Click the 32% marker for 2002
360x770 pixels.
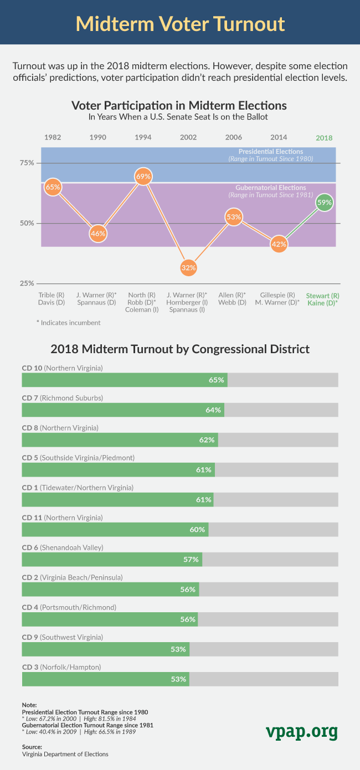(x=189, y=267)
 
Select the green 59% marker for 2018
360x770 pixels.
(x=324, y=203)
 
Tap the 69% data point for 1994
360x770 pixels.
(x=143, y=176)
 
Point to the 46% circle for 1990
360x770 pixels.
(x=97, y=233)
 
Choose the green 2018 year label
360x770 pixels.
(x=324, y=138)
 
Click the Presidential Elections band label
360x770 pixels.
(x=271, y=152)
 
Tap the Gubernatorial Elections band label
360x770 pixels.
(x=271, y=188)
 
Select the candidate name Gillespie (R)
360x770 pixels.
(x=277, y=295)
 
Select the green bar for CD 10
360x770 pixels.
(x=125, y=380)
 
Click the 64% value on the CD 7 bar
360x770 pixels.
(x=213, y=410)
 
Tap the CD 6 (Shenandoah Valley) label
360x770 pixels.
(x=63, y=547)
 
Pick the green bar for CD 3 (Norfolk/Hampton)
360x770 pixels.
(x=105, y=679)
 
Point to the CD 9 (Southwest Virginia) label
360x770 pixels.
(x=62, y=637)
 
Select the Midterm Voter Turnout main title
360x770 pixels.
(x=180, y=24)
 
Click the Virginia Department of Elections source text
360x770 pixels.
(x=65, y=754)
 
